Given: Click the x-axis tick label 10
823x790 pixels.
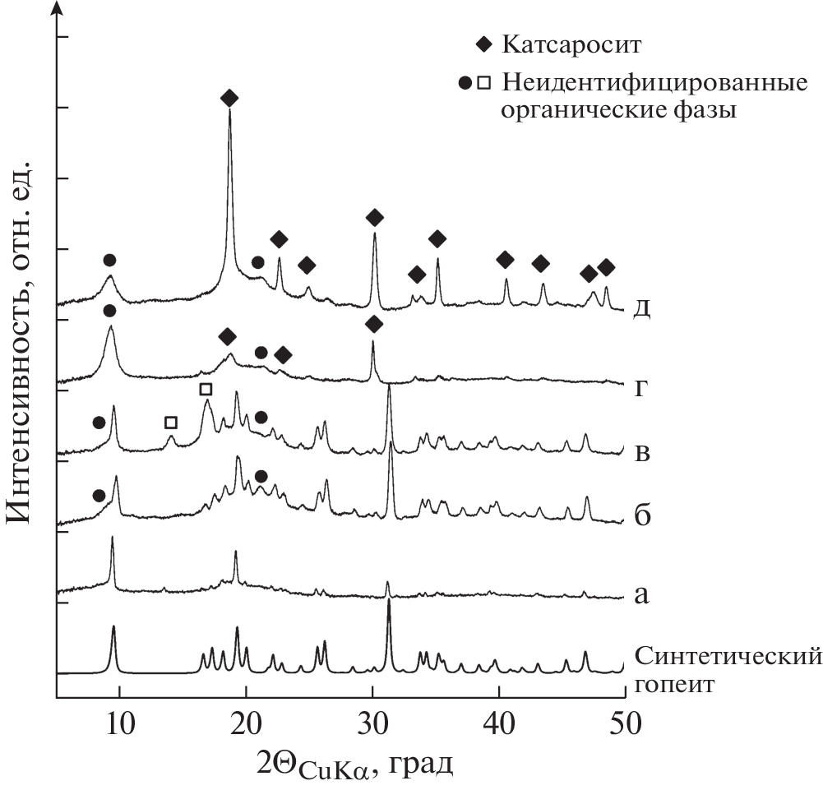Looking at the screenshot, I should [119, 721].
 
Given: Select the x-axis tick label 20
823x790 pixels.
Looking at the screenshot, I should [246, 721].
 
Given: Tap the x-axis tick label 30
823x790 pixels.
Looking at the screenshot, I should [372, 721].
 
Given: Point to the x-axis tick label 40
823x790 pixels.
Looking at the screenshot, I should [499, 721].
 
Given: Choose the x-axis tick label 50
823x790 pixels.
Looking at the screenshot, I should [625, 721].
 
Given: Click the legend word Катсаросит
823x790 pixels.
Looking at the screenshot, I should [571, 44].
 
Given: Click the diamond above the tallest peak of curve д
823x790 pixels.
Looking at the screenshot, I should [229, 99].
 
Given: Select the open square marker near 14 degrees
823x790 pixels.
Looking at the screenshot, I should [171, 423].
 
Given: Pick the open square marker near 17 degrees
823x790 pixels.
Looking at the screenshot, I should [206, 388].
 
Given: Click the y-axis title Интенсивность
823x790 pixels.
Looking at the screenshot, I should [23, 344].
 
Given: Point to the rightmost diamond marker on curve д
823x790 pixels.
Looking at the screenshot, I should [606, 267].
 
